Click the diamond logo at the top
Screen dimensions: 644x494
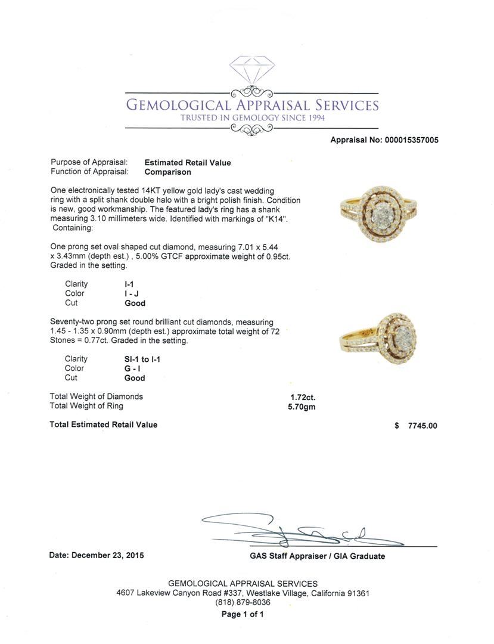pyautogui.click(x=252, y=73)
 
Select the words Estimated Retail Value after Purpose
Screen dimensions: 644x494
pyautogui.click(x=188, y=162)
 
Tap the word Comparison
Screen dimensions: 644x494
pyautogui.click(x=168, y=172)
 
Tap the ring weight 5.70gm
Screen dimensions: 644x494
pyautogui.click(x=302, y=407)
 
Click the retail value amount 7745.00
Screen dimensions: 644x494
pyautogui.click(x=422, y=426)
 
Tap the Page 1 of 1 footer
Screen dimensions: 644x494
pyautogui.click(x=243, y=614)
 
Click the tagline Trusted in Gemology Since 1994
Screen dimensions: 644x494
pyautogui.click(x=253, y=118)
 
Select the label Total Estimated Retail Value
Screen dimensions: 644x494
pyautogui.click(x=104, y=425)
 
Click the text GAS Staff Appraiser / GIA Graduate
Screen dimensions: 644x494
pyautogui.click(x=317, y=556)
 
